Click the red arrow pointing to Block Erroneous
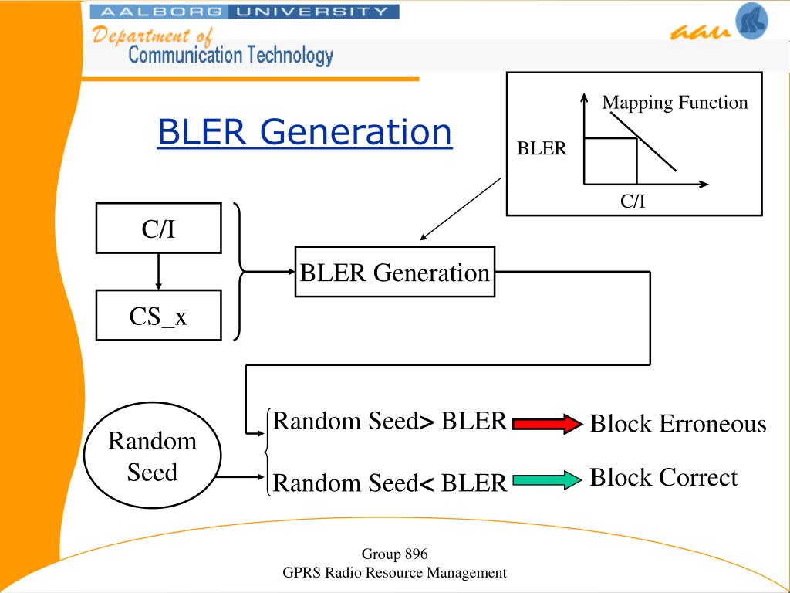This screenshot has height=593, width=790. tap(547, 424)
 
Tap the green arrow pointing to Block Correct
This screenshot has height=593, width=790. tap(547, 479)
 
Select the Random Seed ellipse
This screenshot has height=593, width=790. tap(152, 455)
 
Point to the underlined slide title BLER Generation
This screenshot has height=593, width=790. tap(305, 132)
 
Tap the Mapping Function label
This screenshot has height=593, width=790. tap(674, 103)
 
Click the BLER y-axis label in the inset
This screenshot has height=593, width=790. tap(542, 148)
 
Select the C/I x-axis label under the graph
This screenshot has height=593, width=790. tap(633, 202)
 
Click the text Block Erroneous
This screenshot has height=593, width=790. tap(678, 424)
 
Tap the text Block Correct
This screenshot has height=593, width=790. tap(663, 477)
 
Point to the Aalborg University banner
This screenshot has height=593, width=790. tap(245, 12)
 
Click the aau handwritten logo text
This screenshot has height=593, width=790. tap(701, 32)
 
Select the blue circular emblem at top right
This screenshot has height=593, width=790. tap(751, 21)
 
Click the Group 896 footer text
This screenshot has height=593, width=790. tap(394, 554)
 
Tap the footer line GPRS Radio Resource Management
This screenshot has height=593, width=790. tap(394, 573)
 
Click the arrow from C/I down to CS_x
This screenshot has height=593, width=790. tap(159, 271)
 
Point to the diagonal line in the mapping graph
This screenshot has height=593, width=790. tap(643, 142)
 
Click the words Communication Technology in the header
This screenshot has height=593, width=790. tap(231, 55)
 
